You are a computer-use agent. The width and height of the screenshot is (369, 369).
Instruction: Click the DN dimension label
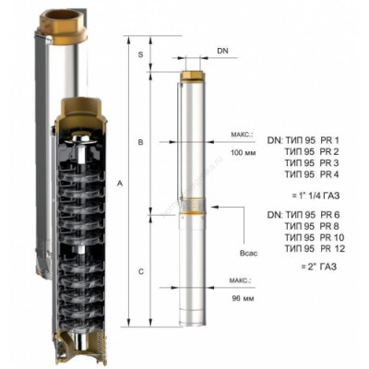coord(223,51)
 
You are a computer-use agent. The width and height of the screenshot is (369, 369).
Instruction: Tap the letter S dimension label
coord(140,55)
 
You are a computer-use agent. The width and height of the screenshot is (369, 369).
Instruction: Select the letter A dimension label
coord(120,184)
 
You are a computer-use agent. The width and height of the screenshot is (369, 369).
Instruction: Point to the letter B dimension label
coord(140,143)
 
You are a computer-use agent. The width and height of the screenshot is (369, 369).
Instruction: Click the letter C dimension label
coord(140,272)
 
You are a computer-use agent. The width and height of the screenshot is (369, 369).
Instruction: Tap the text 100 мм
coord(244,152)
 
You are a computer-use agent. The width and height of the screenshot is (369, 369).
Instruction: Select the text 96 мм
coord(243,299)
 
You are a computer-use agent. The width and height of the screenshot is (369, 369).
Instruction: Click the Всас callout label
coord(248,254)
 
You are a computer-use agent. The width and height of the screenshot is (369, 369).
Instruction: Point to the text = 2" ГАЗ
coord(319,267)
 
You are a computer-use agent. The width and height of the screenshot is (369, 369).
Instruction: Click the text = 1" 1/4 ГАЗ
coord(319,196)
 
